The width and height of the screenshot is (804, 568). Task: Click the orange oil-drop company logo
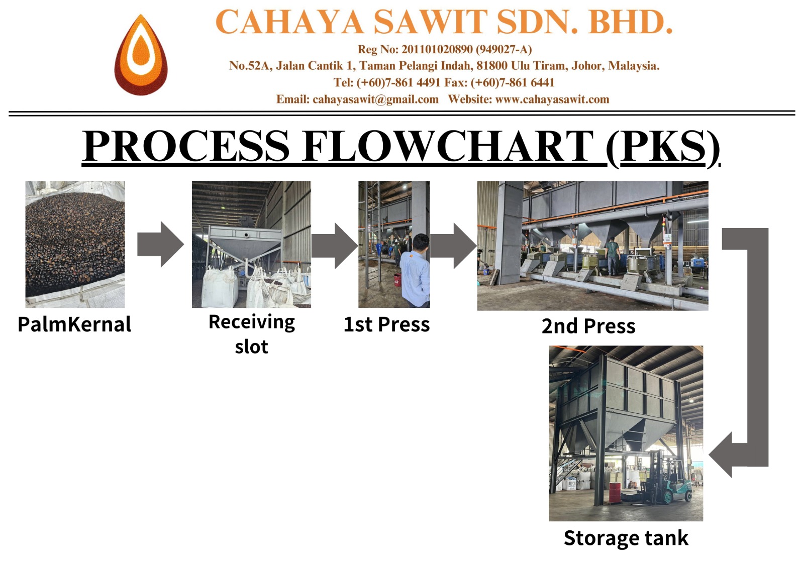pyautogui.click(x=141, y=55)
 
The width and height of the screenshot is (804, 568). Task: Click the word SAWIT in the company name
pyautogui.click(x=430, y=23)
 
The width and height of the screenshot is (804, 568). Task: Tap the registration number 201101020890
pyautogui.click(x=437, y=49)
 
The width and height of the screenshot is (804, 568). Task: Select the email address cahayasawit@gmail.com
pyautogui.click(x=375, y=99)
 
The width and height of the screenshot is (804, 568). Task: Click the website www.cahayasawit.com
pyautogui.click(x=552, y=99)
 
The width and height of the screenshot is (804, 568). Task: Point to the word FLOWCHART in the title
pyautogui.click(x=448, y=147)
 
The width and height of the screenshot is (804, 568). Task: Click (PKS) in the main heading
pyautogui.click(x=663, y=147)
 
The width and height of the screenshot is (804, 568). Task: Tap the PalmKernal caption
pyautogui.click(x=74, y=324)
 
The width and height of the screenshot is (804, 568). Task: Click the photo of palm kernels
pyautogui.click(x=75, y=244)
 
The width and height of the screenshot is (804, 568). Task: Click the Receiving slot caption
pyautogui.click(x=252, y=333)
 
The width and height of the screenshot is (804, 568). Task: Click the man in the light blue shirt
pyautogui.click(x=417, y=271)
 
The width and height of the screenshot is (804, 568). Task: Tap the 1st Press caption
pyautogui.click(x=386, y=325)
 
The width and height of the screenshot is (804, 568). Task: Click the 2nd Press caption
pyautogui.click(x=588, y=326)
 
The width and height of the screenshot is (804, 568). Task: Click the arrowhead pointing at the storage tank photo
pyautogui.click(x=722, y=455)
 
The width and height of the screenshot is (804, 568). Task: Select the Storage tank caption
pyautogui.click(x=626, y=538)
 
